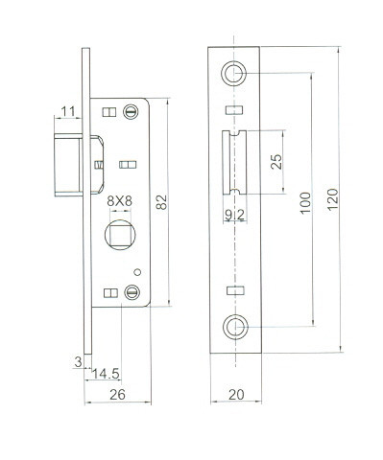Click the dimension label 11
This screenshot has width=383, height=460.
point(68,111)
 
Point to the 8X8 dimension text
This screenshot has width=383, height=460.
point(119,201)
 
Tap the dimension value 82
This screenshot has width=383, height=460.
point(161,202)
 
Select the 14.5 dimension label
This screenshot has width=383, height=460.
point(106,374)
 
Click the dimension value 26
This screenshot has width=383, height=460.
point(117,395)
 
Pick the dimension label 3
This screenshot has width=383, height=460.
point(78,362)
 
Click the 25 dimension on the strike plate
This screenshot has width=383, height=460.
point(276,162)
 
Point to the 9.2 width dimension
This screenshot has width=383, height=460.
point(235,216)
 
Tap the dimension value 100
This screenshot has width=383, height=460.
point(305,203)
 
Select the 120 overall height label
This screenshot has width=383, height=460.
point(333,199)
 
